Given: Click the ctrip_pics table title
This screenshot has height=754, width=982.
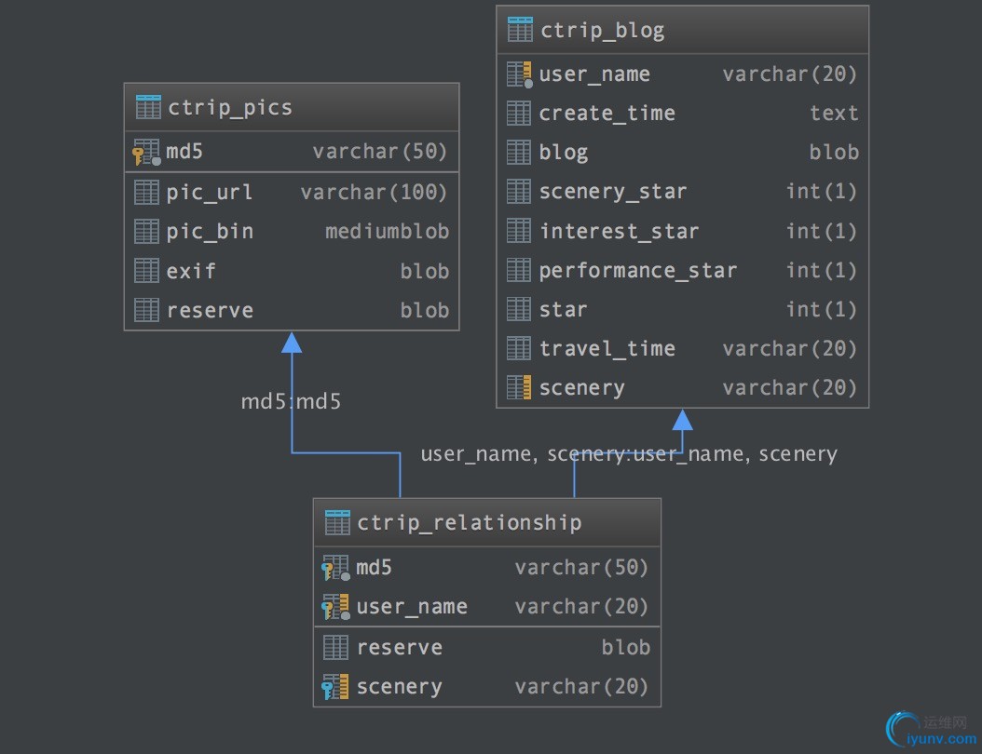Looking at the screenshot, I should coord(229,107).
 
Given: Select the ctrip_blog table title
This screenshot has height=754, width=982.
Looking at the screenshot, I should coord(602,30).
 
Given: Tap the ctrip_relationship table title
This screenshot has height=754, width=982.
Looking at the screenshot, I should coord(469,522).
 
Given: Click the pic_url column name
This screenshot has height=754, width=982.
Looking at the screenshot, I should coord(209,193).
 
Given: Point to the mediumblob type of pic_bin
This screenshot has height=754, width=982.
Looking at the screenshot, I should coord(387,232).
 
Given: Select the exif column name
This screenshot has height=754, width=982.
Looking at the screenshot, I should coord(191,271).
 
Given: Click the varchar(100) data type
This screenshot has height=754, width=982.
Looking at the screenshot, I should coord(374,193).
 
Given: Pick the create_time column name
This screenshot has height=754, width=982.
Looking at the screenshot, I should coord(607,114).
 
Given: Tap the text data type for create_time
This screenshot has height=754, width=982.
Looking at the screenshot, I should coord(834,114).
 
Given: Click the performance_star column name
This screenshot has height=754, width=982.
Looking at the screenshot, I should coord(637,271).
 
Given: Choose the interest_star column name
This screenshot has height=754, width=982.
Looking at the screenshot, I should coord(619,232).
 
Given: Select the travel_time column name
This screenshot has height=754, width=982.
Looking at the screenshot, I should coord(607,349).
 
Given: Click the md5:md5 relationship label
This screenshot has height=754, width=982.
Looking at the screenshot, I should coord(291,402).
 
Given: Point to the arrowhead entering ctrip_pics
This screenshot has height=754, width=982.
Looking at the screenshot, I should coord(292,343).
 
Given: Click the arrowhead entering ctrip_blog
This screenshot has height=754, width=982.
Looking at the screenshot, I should coord(683,420).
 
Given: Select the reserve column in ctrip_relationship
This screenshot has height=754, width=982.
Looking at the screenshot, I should coord(399,648).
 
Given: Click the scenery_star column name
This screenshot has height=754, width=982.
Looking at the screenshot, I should coord(612,192).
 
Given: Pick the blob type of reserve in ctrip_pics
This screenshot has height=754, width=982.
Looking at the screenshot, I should coord(424,310).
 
